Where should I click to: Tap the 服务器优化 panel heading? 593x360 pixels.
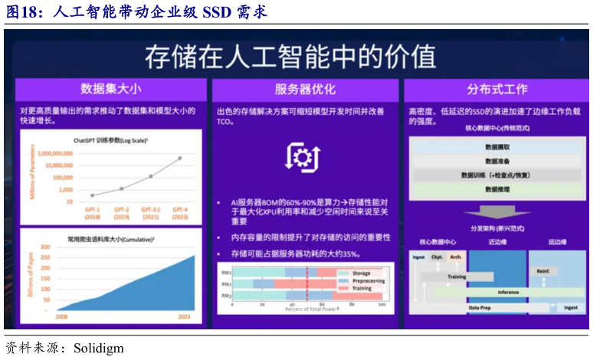(x=305, y=88)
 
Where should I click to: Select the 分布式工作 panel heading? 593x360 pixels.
(x=492, y=88)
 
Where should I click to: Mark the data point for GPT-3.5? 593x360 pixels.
(x=150, y=175)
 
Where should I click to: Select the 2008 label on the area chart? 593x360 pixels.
(x=61, y=315)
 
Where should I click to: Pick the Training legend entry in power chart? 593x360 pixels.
(x=361, y=288)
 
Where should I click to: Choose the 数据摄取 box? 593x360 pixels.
(x=497, y=146)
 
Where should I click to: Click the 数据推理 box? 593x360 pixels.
(x=497, y=189)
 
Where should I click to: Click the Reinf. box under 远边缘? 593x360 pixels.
(x=542, y=270)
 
